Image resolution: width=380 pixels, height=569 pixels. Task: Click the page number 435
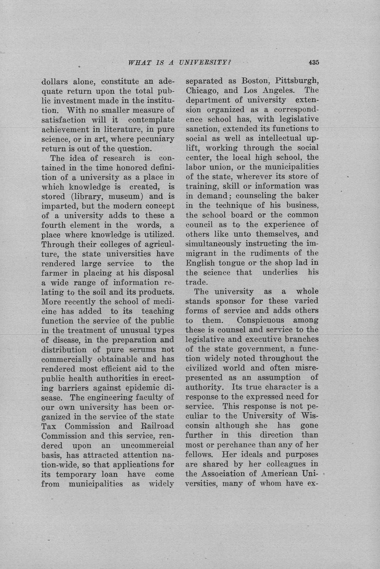click(x=313, y=63)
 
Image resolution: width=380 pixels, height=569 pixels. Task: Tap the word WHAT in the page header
click(x=140, y=63)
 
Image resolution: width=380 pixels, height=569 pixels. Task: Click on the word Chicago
click(x=201, y=90)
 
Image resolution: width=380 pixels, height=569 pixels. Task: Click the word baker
click(x=307, y=195)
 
